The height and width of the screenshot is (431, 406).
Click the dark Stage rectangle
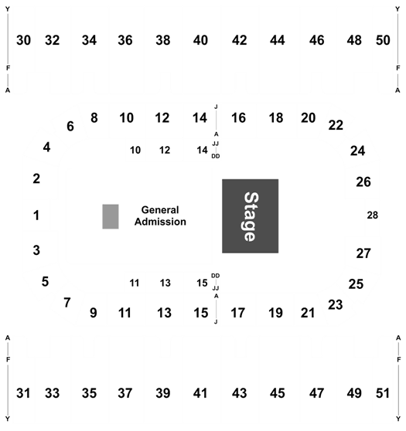pos(251,216)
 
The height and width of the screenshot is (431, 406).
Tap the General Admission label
pos(160,215)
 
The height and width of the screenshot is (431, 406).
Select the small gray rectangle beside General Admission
pos(111,216)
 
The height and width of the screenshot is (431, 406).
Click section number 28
pos(373,215)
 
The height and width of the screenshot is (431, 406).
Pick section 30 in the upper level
pos(23,40)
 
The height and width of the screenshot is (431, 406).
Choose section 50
pos(383,40)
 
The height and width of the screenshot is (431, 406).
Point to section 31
pos(23,393)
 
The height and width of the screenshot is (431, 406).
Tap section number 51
pos(383,393)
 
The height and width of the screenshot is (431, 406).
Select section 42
pos(239,40)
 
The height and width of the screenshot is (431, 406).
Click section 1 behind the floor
pos(36,215)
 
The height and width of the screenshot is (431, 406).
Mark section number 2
pos(36,179)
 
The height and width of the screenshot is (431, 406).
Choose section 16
pos(238,118)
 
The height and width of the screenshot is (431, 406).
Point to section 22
pos(336,125)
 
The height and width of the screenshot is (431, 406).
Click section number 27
pos(363,253)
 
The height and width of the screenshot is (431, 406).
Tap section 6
pos(70,127)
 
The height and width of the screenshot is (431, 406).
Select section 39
pos(163,393)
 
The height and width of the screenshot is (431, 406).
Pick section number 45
pos(277,393)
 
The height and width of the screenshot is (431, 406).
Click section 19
pos(275,313)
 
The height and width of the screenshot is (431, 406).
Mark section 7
pos(67,303)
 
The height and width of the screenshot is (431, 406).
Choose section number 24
pos(357,151)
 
